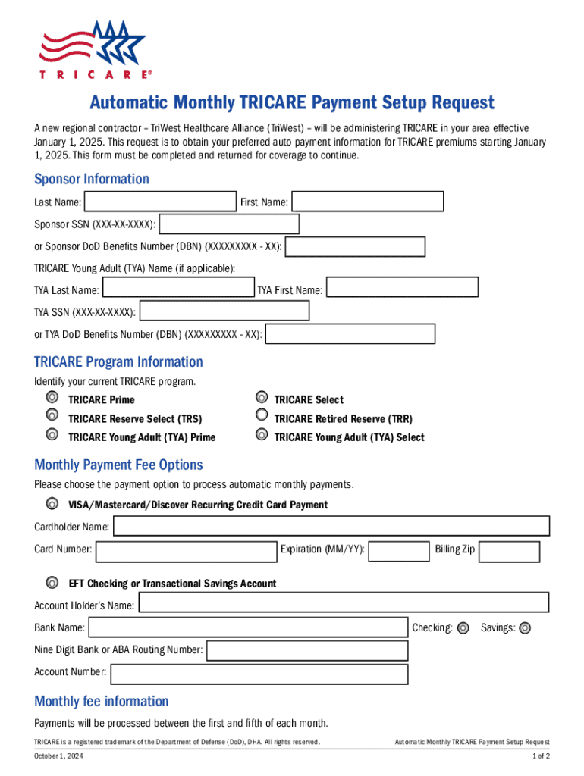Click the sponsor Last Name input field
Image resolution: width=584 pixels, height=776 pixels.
click(160, 202)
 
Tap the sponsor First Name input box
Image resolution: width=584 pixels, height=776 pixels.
click(368, 202)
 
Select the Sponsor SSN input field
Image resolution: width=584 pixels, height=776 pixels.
click(229, 224)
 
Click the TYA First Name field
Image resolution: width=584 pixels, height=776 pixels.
click(402, 288)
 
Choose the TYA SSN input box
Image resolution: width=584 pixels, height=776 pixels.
click(225, 311)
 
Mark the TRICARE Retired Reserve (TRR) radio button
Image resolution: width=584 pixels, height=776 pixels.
click(262, 415)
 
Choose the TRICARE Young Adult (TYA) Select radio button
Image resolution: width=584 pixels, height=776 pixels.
click(262, 435)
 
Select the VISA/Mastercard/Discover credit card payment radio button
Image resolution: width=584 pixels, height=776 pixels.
click(51, 505)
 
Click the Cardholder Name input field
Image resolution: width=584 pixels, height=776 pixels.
click(331, 526)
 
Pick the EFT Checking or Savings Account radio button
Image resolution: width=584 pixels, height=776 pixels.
click(51, 584)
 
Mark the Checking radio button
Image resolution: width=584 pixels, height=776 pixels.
click(463, 627)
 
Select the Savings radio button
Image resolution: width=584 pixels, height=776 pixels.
click(525, 627)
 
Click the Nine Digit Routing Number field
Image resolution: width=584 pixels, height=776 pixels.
click(307, 651)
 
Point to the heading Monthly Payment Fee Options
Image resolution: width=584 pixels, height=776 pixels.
click(118, 465)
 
